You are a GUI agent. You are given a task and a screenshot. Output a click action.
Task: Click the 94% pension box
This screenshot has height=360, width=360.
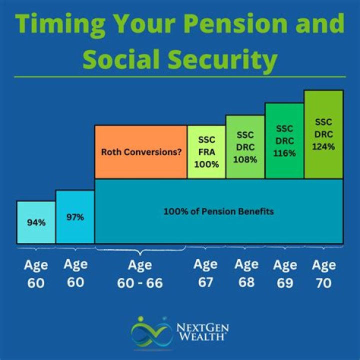[36, 222]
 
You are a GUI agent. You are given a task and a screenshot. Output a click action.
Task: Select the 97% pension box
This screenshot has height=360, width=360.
[75, 217]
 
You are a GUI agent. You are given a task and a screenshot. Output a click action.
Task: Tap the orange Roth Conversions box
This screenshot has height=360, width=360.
[141, 152]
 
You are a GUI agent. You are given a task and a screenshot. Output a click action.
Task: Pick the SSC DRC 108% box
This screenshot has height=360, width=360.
[245, 147]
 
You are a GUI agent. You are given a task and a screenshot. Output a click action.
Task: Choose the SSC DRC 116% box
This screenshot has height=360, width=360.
[284, 141]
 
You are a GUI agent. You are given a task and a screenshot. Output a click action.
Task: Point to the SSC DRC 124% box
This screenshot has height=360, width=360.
[323, 134]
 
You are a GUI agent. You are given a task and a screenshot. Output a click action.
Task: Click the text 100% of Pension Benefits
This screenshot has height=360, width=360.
[218, 211]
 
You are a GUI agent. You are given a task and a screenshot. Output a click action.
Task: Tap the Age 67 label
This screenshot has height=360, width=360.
[205, 273]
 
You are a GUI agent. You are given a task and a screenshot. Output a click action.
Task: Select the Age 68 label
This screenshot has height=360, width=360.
[246, 273]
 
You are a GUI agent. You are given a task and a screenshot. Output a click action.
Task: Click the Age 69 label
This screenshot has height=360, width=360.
[284, 273]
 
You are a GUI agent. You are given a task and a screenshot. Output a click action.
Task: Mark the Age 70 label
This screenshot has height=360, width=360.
[323, 273]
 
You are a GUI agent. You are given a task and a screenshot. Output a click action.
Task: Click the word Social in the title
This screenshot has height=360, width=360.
[125, 59]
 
